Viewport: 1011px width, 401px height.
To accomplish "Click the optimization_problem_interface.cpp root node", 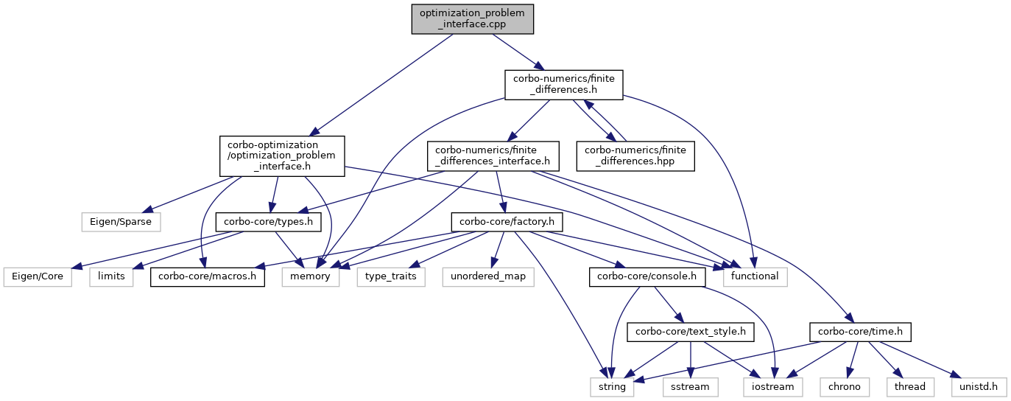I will point(471,18).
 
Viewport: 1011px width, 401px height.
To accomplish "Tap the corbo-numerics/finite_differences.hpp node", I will point(635,156).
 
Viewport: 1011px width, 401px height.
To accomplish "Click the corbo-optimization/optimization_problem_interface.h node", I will point(282,156).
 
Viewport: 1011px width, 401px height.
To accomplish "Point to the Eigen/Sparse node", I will point(120,220).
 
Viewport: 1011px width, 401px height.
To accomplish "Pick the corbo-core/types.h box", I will point(268,220).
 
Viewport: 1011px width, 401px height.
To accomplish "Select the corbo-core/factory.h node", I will point(501,220).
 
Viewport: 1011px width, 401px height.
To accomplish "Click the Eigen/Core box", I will point(38,276).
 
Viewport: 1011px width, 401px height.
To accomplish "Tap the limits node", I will point(111,276).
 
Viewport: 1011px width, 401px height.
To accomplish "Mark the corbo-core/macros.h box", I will point(208,276).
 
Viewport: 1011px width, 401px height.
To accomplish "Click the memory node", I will point(310,276).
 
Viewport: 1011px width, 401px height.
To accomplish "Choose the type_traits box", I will point(391,276).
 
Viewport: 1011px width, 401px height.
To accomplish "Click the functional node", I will point(755,276).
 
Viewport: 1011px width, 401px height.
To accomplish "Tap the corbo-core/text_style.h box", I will point(686,332).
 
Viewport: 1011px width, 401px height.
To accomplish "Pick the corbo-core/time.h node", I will point(859,332).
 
